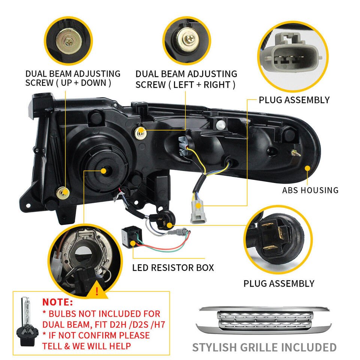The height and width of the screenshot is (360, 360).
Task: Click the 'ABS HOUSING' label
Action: point(310,190)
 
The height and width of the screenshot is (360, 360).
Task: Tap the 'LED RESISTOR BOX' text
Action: point(173,268)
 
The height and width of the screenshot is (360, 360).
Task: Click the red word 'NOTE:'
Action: point(58,302)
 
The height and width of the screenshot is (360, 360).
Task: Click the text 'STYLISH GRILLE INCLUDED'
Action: point(264,347)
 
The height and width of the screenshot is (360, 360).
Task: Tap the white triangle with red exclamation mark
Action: point(97,291)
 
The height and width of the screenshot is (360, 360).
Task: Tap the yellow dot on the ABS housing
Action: point(307,168)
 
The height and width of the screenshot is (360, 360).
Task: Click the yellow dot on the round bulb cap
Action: point(103,171)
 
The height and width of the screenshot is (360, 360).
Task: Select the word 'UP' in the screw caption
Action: point(66,83)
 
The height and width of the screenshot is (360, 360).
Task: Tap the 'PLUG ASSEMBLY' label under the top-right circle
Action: point(294,100)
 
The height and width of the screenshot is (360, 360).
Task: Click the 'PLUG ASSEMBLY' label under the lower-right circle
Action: point(279,283)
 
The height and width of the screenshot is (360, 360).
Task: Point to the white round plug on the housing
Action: point(220,124)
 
